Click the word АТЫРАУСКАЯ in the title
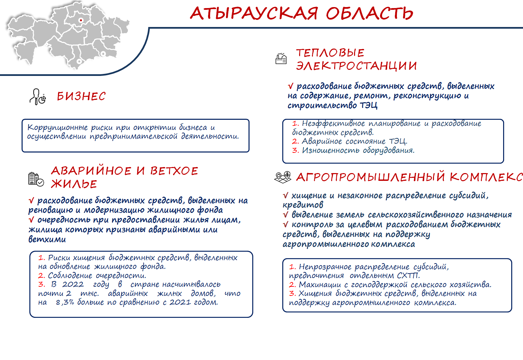(x=254, y=13)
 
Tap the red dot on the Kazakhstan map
(x=81, y=20)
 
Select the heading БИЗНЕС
(x=81, y=96)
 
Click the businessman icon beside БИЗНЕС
(x=37, y=97)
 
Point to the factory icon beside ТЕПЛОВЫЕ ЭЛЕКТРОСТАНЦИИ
(x=281, y=58)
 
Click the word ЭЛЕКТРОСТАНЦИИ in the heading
(x=356, y=66)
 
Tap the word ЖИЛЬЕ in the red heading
(x=74, y=184)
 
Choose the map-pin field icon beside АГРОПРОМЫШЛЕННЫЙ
(x=283, y=177)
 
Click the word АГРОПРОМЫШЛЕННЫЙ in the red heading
(x=370, y=177)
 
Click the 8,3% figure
(x=65, y=302)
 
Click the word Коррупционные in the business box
(x=58, y=128)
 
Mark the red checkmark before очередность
(x=31, y=220)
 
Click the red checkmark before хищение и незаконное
(x=286, y=195)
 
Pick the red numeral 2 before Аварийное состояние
(x=295, y=141)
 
